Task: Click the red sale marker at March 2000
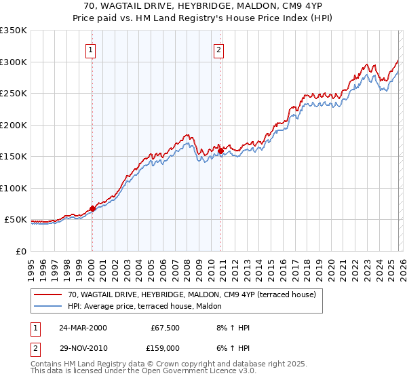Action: pos(93,209)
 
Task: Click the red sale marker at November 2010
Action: pos(221,151)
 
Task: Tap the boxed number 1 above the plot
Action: pos(90,49)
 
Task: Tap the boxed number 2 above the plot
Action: pos(218,49)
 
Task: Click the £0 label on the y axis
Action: pos(20,251)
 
